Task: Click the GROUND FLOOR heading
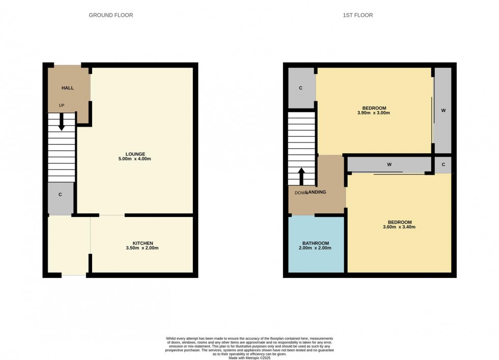(110, 15)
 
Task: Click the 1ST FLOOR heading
(357, 15)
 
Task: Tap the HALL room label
(68, 88)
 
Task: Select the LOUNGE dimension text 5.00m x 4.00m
(135, 159)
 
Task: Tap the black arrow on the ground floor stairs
(61, 123)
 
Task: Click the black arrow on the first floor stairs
(301, 176)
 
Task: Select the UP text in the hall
(62, 105)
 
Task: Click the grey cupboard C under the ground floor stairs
(60, 195)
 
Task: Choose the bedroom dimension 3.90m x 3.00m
(374, 113)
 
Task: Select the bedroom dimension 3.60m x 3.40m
(399, 227)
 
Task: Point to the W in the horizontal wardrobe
(389, 164)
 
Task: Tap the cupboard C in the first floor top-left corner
(301, 88)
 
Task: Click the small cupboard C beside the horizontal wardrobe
(443, 164)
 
